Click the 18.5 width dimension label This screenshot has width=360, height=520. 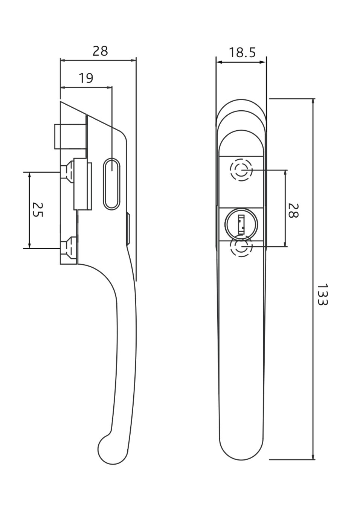pyautogui.click(x=242, y=52)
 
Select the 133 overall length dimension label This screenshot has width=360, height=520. pyautogui.click(x=322, y=294)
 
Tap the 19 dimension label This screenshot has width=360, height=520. pyautogui.click(x=86, y=78)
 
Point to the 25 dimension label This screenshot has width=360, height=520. pyautogui.click(x=37, y=210)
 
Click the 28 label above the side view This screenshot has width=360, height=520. pyautogui.click(x=100, y=51)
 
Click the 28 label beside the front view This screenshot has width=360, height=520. pyautogui.click(x=293, y=210)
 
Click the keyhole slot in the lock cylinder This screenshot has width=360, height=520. pyautogui.click(x=241, y=224)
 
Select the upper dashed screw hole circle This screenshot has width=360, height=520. pyautogui.click(x=241, y=170)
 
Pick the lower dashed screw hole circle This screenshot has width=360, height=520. pyautogui.click(x=241, y=247)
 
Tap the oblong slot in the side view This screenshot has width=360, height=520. pyautogui.click(x=112, y=184)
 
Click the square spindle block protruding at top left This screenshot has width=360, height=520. pyautogui.click(x=70, y=136)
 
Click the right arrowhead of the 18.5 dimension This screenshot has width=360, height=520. pyautogui.click(x=263, y=62)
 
